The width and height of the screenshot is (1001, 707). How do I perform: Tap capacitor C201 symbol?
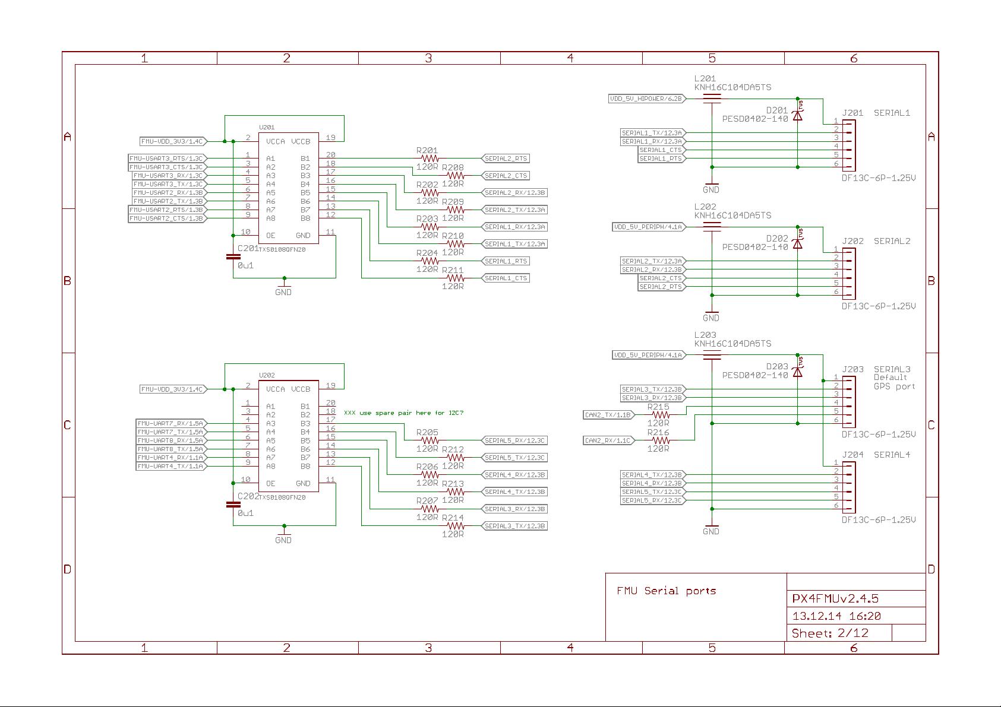(233, 257)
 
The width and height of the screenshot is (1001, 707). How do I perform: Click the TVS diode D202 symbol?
(797, 243)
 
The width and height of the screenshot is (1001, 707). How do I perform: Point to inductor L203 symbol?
(712, 355)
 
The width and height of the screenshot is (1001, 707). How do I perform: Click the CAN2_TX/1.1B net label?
(608, 415)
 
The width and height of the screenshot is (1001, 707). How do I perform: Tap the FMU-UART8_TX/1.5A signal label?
(170, 449)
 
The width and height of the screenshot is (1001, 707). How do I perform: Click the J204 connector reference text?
(852, 455)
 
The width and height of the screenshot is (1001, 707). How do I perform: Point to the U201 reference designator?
(267, 127)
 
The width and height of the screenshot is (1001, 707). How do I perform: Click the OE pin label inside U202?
(270, 483)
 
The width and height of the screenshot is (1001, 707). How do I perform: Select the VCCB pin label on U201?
(301, 141)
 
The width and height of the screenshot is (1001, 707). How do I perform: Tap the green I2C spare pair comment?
(403, 413)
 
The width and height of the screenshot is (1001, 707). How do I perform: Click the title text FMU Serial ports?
(666, 591)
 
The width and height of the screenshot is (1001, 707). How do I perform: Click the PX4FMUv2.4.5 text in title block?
(835, 598)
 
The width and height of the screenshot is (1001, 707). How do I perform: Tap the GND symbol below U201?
(283, 287)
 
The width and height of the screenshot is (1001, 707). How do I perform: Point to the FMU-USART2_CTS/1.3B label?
(166, 218)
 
